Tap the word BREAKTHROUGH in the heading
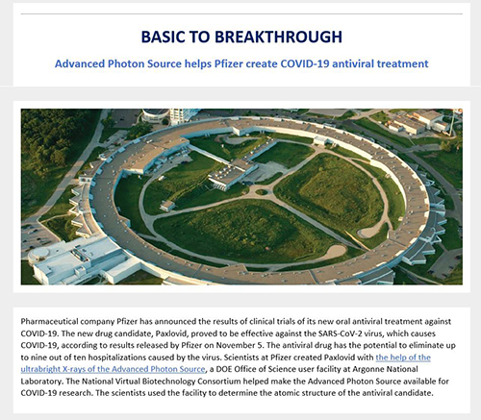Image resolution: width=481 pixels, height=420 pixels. point(278,37)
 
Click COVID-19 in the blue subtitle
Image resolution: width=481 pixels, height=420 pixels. point(305,63)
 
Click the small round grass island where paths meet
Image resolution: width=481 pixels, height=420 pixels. point(262,192)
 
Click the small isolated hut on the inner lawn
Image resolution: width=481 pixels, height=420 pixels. point(167,206)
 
